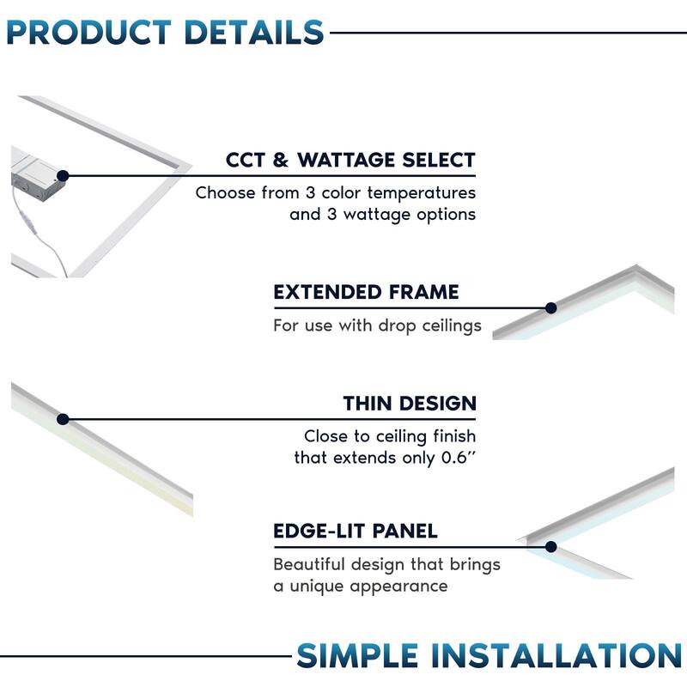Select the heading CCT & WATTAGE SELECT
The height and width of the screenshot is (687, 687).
click(x=350, y=161)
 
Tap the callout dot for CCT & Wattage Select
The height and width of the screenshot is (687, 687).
click(x=63, y=175)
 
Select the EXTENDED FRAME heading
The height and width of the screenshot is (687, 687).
click(x=366, y=292)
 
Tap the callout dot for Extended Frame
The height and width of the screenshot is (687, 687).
click(x=551, y=307)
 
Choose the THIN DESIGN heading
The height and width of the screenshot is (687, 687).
click(x=410, y=404)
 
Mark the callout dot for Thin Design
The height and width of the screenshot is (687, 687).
click(x=63, y=419)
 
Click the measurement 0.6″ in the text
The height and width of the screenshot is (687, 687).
click(x=456, y=458)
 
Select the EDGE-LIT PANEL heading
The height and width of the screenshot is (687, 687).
click(x=356, y=531)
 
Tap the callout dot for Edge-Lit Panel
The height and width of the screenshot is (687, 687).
click(x=551, y=546)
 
